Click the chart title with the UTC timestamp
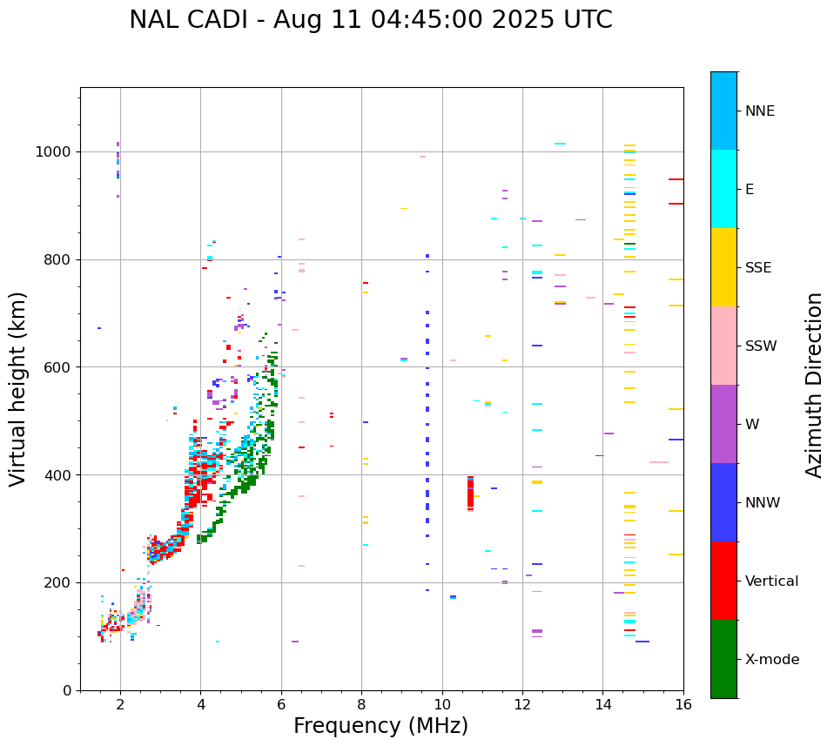[370, 20]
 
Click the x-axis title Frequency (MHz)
[380, 726]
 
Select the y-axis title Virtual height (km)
[18, 388]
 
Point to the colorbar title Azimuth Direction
[814, 384]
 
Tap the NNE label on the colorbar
[759, 111]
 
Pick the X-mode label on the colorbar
[771, 660]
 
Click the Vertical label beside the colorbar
[771, 581]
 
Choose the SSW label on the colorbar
[761, 346]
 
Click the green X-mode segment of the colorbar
[723, 659]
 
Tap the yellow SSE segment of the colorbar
[723, 267]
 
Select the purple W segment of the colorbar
[723, 424]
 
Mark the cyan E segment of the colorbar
[723, 189]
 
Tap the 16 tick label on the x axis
[683, 704]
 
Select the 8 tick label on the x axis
[362, 704]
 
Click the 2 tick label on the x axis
[120, 704]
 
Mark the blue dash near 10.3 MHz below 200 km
[453, 597]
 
